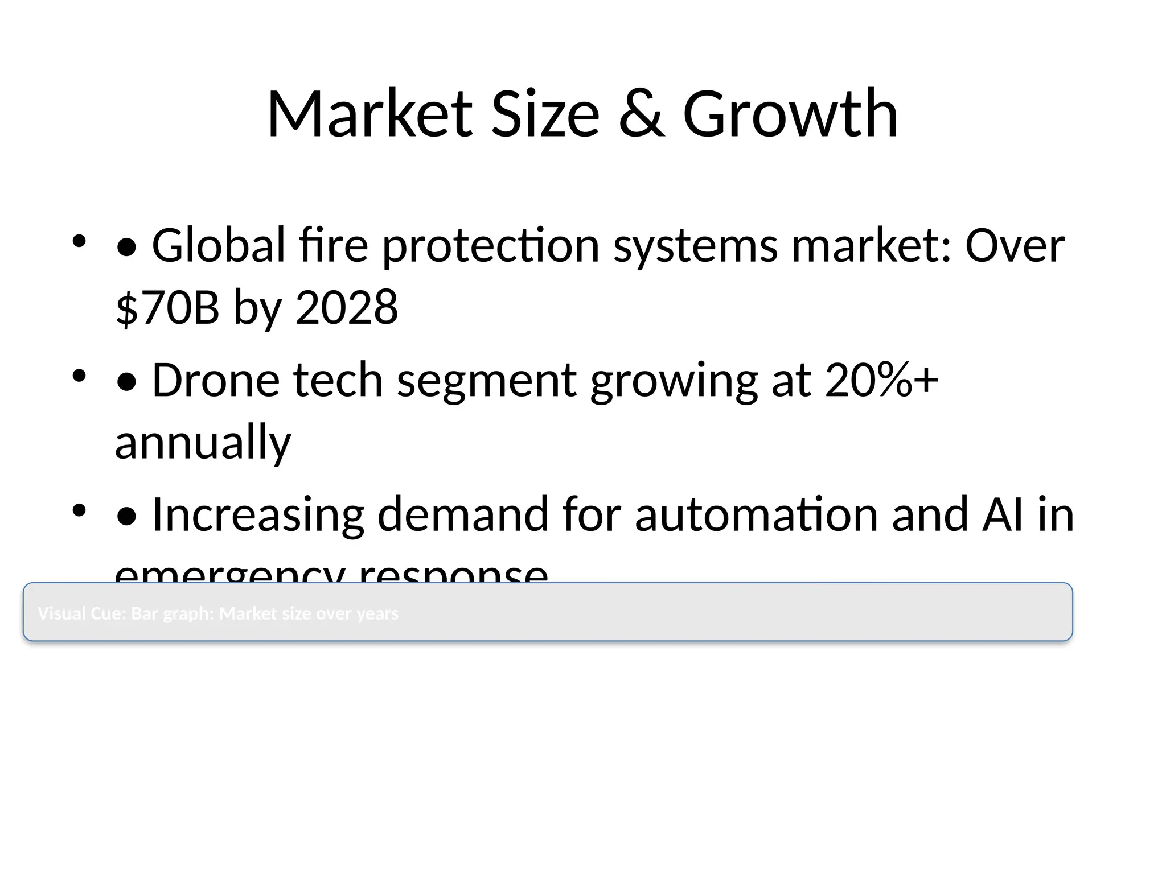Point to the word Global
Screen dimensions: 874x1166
pos(219,245)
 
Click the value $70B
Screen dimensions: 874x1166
pos(167,307)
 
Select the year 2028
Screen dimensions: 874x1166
pos(347,307)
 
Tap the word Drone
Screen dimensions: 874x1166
pos(216,380)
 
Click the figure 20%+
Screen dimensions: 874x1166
pos(882,380)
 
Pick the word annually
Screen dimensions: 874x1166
pos(203,442)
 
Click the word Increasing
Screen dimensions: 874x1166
pos(258,515)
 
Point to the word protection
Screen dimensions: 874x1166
pos(490,246)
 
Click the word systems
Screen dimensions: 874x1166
pos(695,246)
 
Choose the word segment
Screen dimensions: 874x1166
pos(487,381)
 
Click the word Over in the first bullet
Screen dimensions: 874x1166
pos(1015,245)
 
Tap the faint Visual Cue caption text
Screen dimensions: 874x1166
pos(218,613)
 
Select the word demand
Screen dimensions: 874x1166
pos(463,515)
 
